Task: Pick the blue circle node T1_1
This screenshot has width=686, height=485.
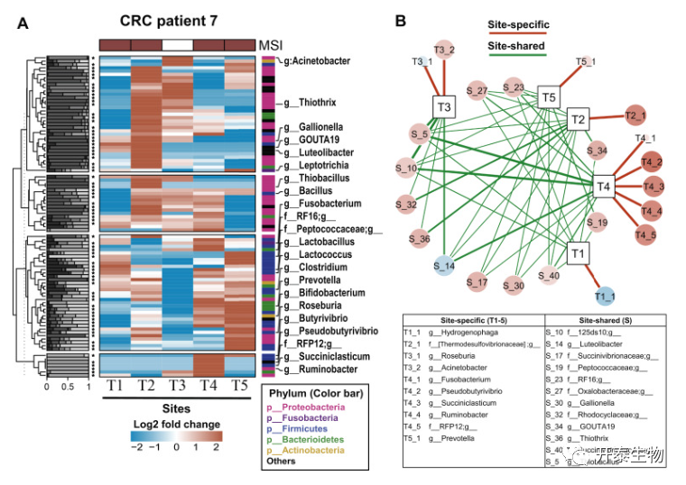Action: [x=605, y=293]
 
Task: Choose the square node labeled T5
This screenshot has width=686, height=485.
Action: [x=548, y=96]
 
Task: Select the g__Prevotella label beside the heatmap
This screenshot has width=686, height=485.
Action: [x=311, y=280]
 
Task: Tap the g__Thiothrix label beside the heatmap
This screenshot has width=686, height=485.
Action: [x=311, y=104]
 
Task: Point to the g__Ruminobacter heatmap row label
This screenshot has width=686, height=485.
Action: [x=322, y=370]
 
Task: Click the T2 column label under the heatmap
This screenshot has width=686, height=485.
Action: [x=146, y=386]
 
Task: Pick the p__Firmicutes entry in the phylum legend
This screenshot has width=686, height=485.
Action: [x=302, y=429]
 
